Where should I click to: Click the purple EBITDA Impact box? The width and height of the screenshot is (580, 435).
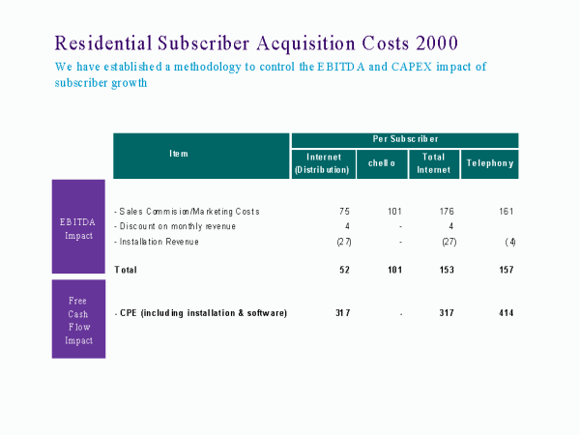77,226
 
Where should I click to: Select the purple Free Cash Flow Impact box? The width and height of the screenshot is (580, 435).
77,319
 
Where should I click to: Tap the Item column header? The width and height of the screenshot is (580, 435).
179,154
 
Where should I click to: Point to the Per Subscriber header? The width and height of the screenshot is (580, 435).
404,139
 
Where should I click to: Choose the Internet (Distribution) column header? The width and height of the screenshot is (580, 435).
321,163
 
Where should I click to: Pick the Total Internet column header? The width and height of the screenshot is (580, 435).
433,163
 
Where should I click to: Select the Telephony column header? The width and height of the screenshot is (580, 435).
489,163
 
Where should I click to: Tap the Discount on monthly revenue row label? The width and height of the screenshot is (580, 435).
175,226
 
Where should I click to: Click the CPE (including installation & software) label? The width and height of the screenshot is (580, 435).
201,312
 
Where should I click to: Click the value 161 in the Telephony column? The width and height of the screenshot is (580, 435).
507,211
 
